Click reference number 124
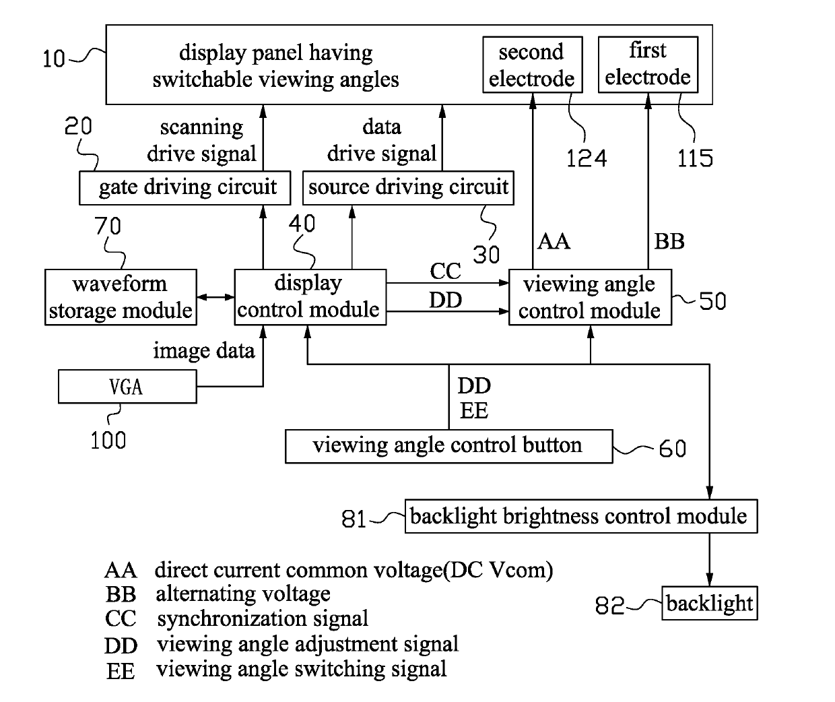point(587,158)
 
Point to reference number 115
point(695,158)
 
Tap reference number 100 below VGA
point(108,441)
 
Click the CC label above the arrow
point(446,271)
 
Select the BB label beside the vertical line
point(669,241)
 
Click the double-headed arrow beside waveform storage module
point(215,297)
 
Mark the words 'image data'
point(204,351)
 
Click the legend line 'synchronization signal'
point(263,618)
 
